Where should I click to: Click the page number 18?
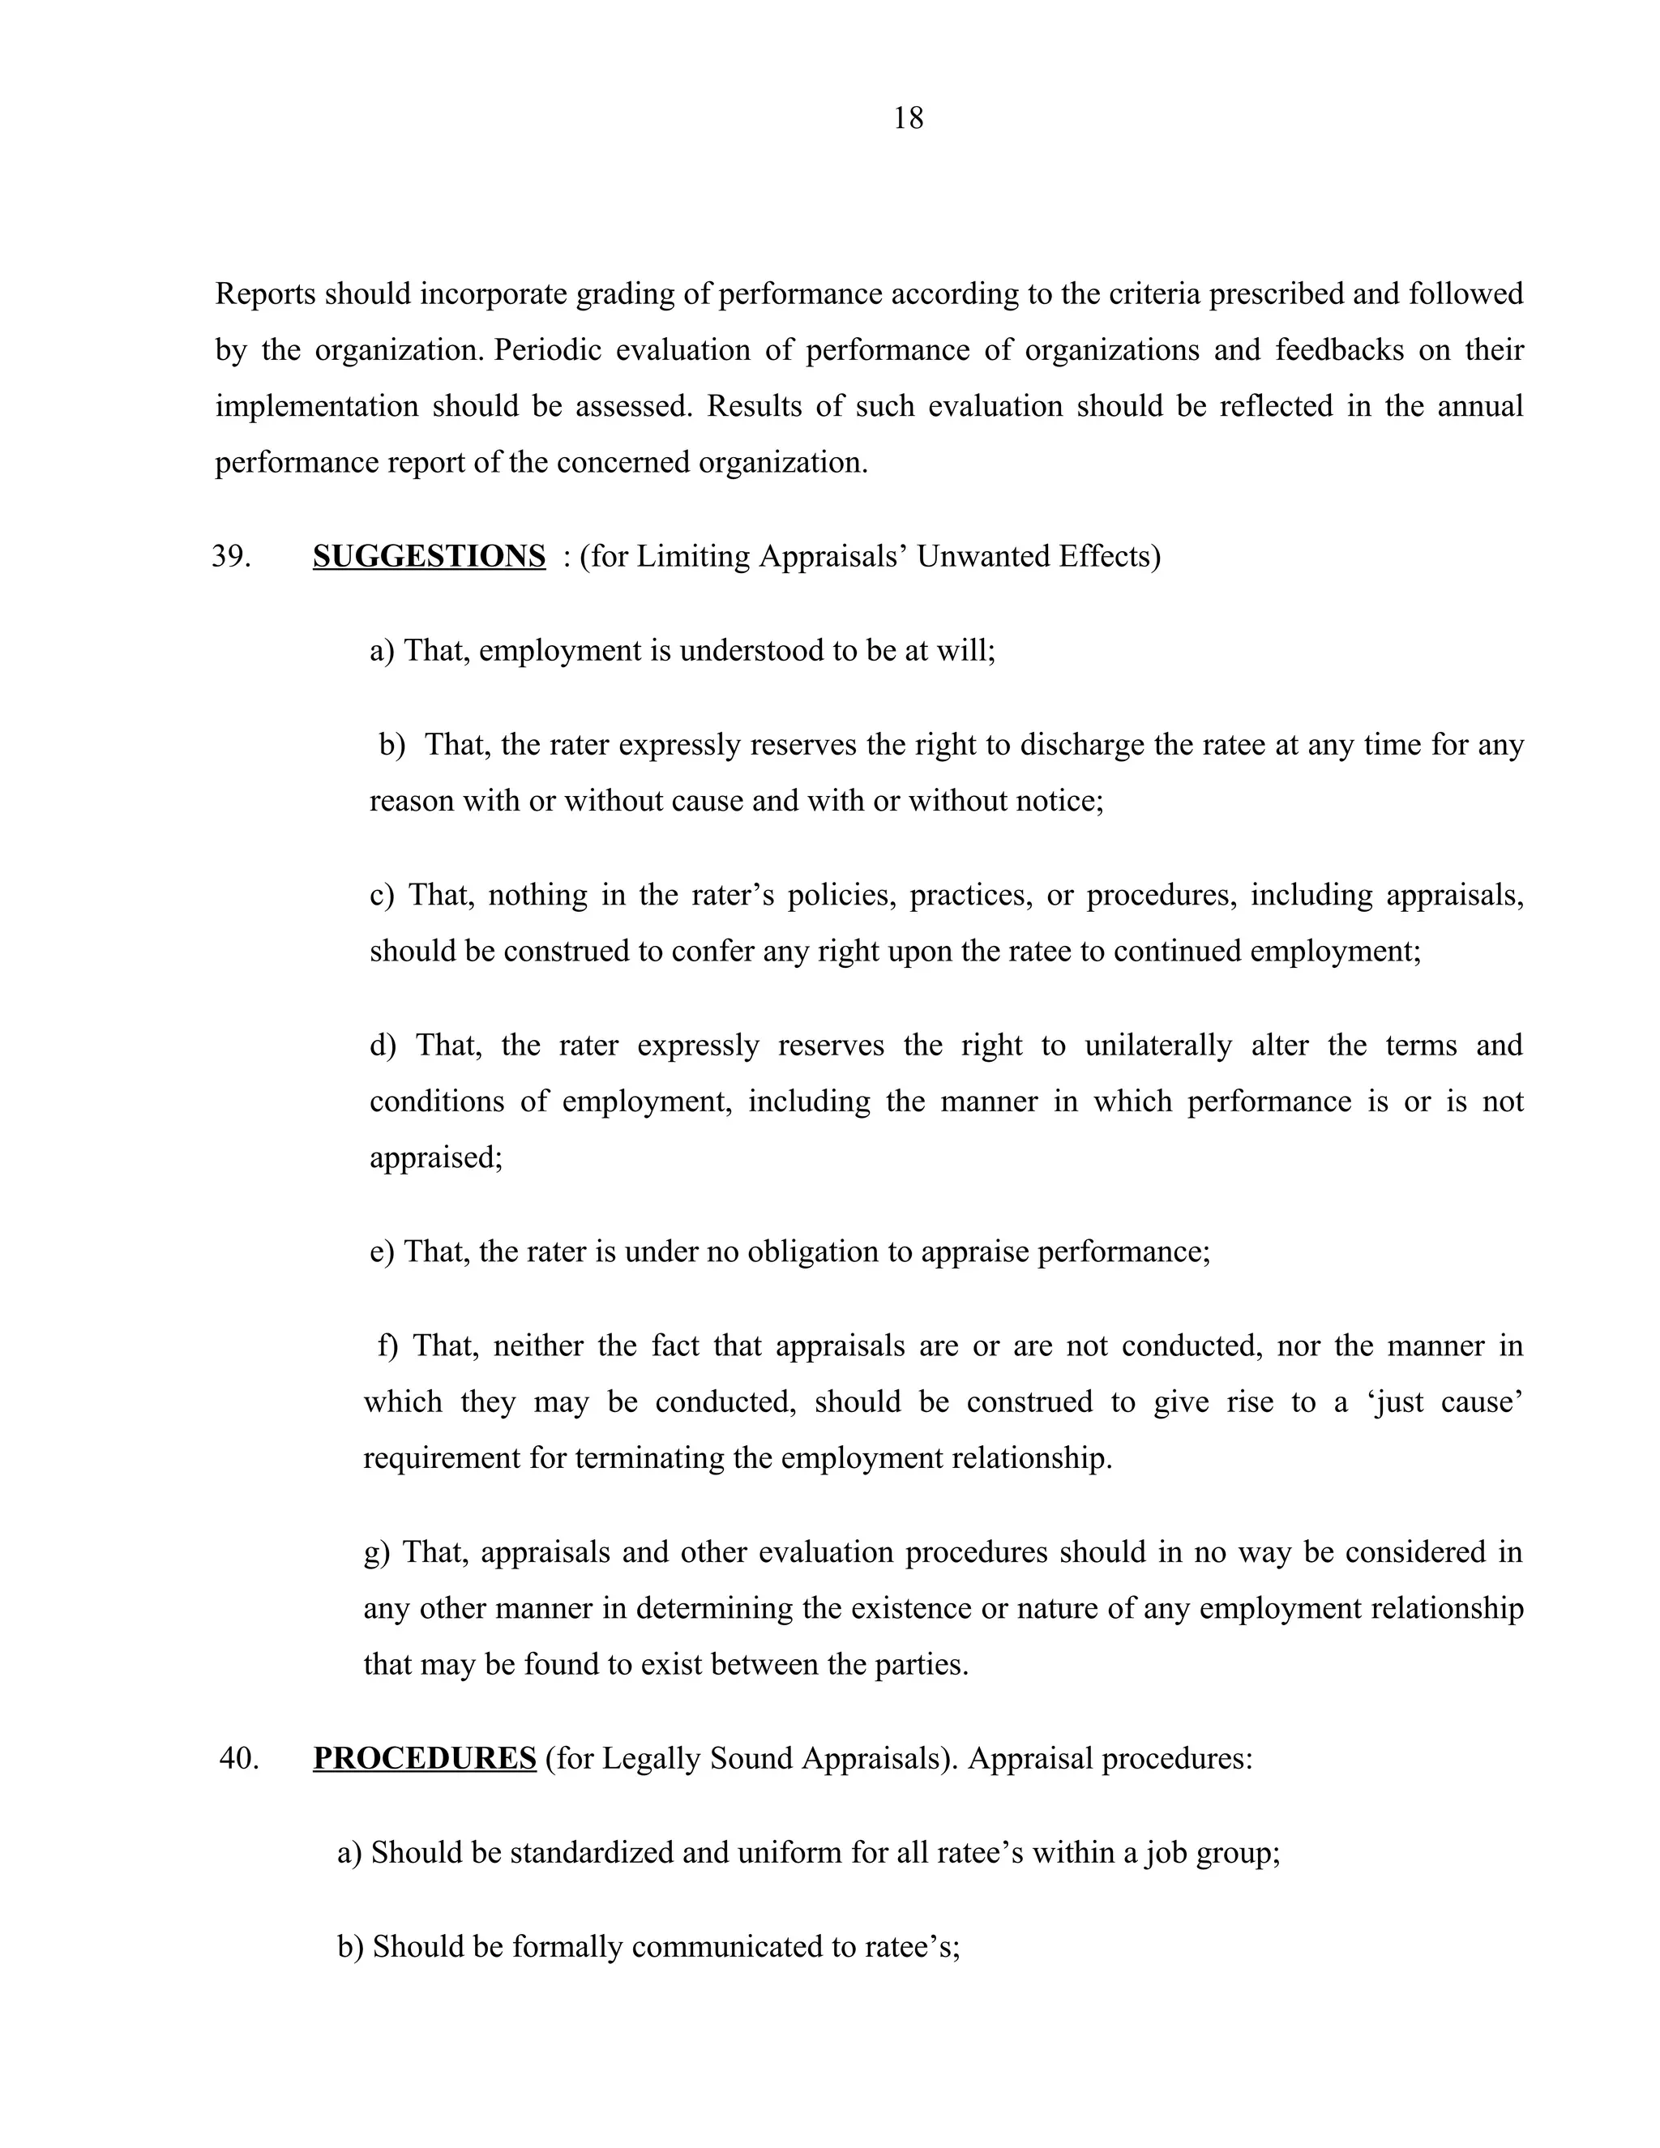point(908,119)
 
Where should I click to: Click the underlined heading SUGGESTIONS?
point(429,557)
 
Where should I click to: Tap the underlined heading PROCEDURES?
point(424,1757)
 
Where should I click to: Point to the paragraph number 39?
point(231,557)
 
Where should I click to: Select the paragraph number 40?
point(239,1757)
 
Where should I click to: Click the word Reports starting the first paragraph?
point(267,294)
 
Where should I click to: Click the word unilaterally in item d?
point(1157,1045)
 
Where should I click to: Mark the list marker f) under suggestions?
point(388,1346)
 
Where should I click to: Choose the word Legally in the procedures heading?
point(646,1757)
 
